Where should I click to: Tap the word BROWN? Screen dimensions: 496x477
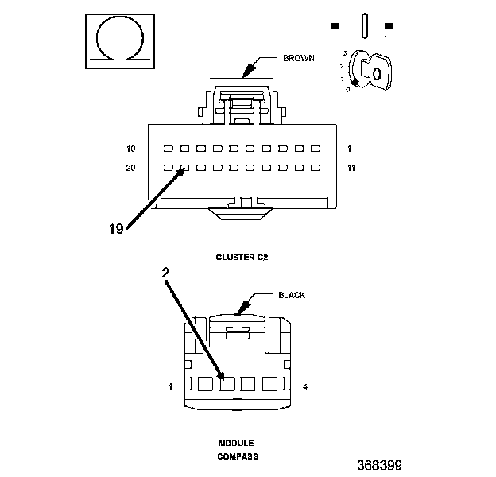point(299,58)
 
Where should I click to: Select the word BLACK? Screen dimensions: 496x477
point(292,295)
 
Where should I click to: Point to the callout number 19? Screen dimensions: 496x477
point(116,229)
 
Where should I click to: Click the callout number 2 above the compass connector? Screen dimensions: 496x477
point(166,273)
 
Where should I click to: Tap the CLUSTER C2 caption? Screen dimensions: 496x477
point(242,258)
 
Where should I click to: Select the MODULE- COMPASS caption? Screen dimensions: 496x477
point(238,450)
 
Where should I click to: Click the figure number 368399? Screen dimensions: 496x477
point(380,465)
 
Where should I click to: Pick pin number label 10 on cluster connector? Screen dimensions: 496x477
point(130,149)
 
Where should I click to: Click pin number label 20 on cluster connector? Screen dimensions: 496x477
point(130,168)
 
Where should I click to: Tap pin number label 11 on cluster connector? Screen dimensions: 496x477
point(351,168)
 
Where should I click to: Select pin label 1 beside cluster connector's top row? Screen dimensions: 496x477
point(349,149)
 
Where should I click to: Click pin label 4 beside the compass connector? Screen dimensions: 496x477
point(305,386)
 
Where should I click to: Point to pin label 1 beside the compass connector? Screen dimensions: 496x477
point(170,386)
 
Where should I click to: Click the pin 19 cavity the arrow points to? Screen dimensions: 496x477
point(184,168)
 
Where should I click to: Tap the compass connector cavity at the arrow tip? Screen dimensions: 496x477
point(227,384)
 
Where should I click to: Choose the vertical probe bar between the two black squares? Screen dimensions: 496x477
point(364,26)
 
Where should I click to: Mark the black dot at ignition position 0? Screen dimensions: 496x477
point(355,82)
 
